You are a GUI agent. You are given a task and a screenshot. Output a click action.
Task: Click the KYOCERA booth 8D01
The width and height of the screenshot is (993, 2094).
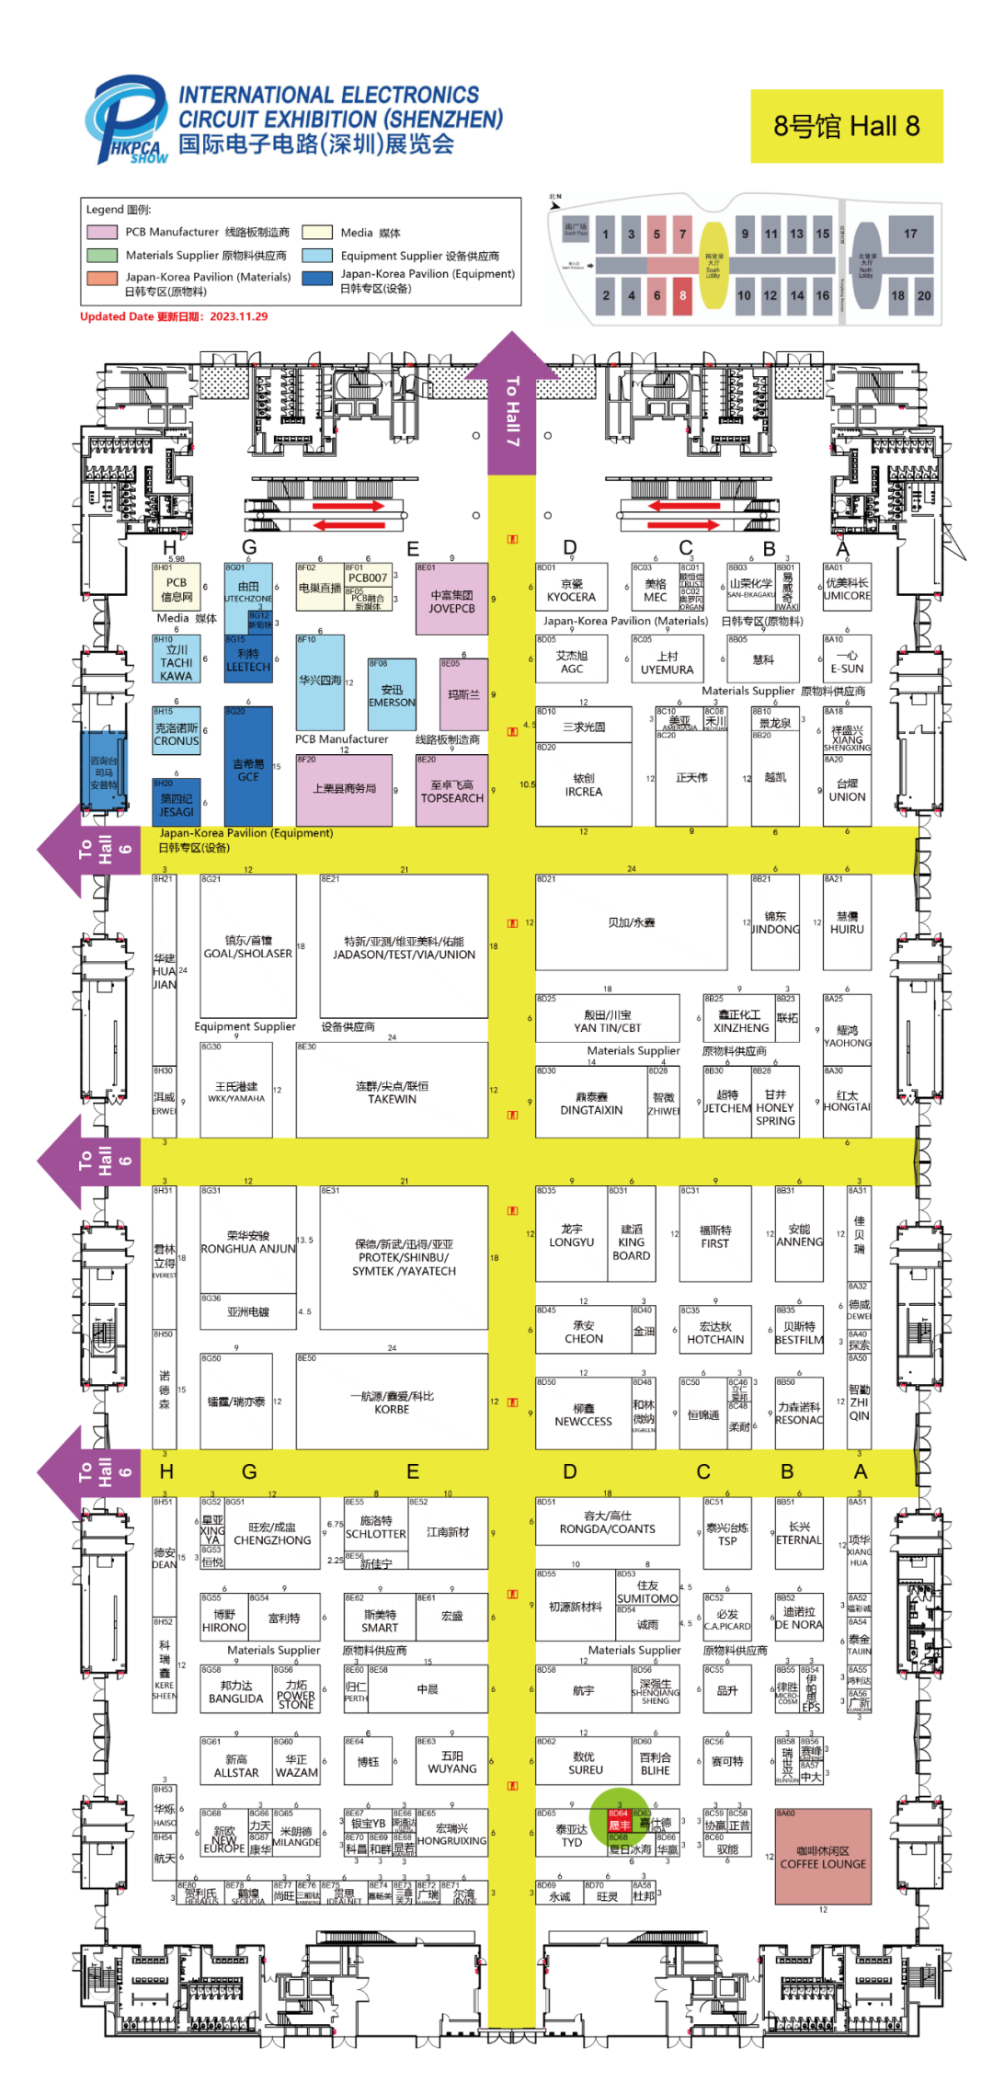pos(571,588)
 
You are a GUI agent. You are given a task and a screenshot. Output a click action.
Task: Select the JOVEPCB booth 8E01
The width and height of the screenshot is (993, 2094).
pos(451,600)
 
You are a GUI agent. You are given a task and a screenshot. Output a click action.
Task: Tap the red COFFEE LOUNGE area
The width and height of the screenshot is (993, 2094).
pos(823,1857)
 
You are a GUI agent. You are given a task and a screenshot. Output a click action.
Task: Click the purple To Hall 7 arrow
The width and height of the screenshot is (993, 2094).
pos(511,405)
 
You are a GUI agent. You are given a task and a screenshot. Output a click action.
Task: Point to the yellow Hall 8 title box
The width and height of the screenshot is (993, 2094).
pos(846,127)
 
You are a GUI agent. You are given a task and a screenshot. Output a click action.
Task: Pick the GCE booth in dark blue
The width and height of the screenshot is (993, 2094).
pos(248,768)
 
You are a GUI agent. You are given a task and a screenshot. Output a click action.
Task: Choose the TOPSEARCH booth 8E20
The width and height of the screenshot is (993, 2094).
pos(451,791)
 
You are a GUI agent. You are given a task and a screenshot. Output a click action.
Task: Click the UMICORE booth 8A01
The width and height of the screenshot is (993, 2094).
pos(847,588)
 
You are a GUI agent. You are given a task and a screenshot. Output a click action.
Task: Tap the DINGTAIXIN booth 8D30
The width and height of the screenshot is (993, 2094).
pos(591,1102)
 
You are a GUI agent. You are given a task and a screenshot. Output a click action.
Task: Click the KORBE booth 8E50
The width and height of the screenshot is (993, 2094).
pos(392,1402)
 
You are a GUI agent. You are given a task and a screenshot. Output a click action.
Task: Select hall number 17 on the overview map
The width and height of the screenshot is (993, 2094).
pos(909,235)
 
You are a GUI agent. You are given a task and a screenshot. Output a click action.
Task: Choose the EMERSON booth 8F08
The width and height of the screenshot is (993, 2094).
pos(392,695)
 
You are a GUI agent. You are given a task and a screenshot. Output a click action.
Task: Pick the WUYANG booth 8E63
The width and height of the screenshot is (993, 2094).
pos(451,1760)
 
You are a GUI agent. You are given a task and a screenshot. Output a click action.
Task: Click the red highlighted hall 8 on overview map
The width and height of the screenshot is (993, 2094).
pos(682,295)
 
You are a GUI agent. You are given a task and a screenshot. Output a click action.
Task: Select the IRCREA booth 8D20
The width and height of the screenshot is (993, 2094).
pos(583,784)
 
